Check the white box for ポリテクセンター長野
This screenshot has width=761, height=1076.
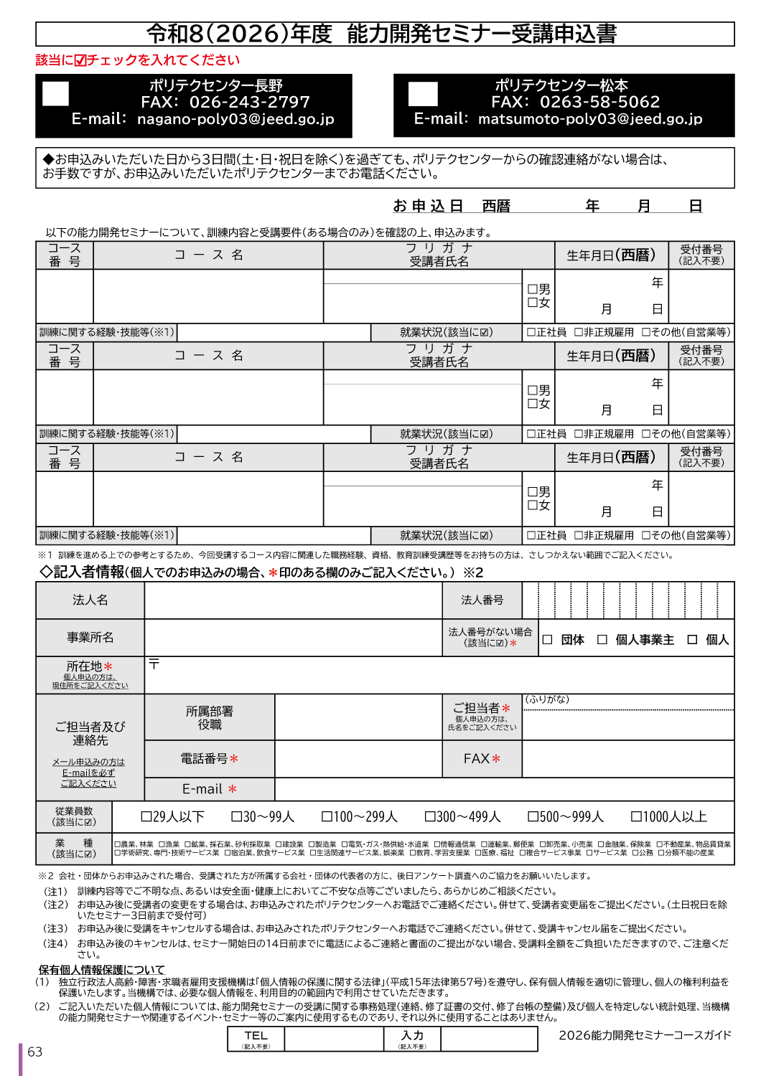(55, 94)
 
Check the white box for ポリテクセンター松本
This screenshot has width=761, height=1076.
(423, 94)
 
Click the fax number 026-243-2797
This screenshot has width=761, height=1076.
(249, 103)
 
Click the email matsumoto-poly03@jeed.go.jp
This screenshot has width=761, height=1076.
(589, 119)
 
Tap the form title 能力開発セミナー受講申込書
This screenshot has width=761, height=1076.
(482, 34)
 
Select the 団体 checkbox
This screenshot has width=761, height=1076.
(548, 640)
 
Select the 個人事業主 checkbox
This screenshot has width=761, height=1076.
(603, 640)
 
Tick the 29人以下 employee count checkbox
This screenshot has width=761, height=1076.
(146, 816)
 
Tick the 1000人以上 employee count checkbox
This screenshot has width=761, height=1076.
(636, 816)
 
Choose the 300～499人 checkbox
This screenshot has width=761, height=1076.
(430, 816)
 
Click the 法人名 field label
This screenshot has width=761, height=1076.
(90, 600)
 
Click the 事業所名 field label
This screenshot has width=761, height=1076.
(90, 637)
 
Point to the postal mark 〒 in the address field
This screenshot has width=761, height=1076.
(154, 664)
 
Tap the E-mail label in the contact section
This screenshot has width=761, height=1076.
(202, 789)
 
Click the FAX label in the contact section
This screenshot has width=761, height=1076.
(477, 758)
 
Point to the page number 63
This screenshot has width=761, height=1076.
(35, 1052)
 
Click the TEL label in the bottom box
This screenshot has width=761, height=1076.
(256, 1036)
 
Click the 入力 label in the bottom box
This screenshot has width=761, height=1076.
(412, 1036)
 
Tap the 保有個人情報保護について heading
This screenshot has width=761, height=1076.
(102, 970)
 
